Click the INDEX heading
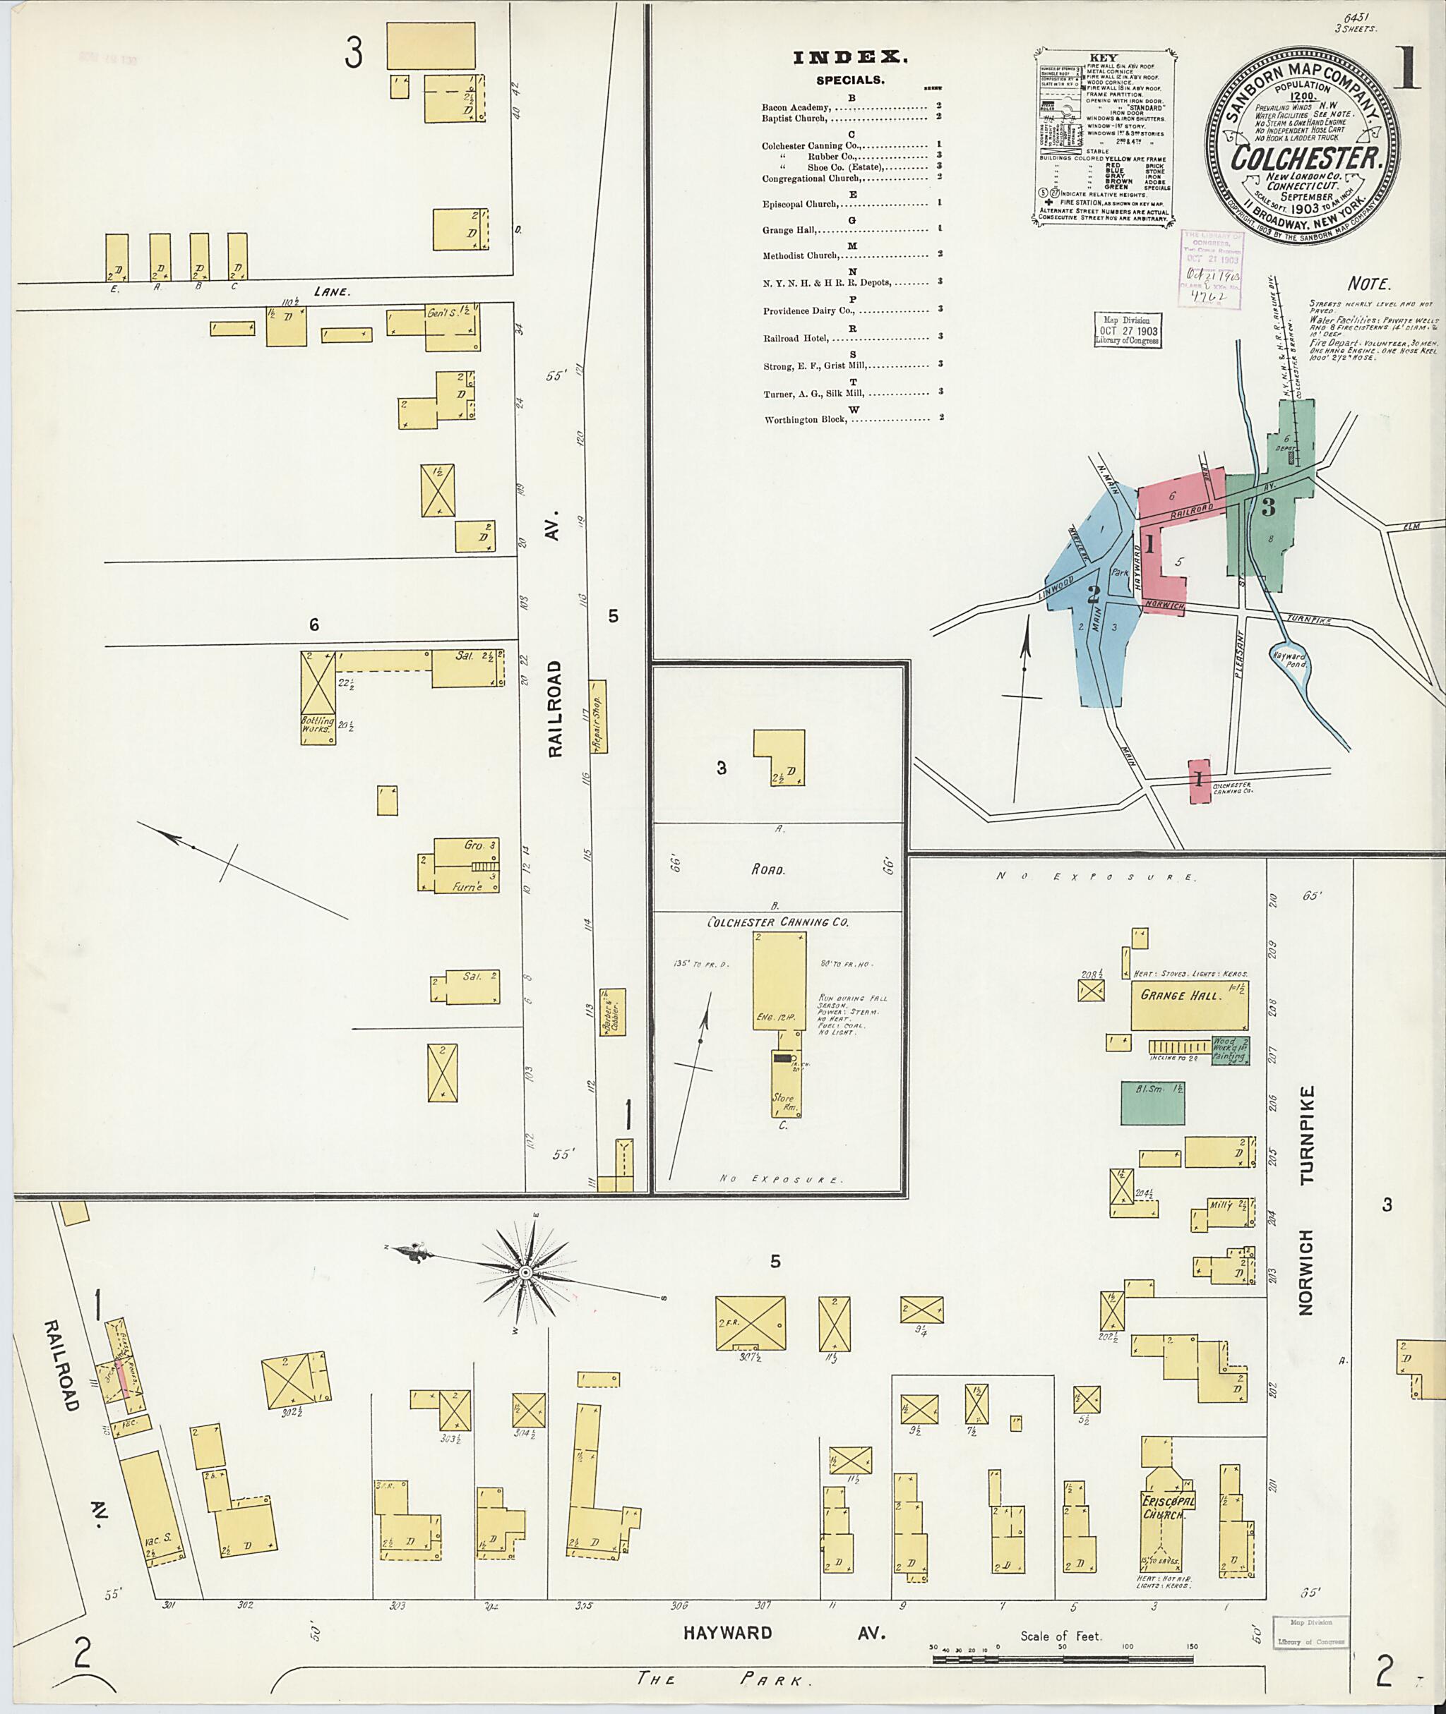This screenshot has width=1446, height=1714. (x=850, y=57)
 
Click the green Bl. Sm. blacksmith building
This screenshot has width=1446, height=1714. (x=1152, y=1102)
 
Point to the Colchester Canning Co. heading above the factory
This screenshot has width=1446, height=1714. (x=778, y=922)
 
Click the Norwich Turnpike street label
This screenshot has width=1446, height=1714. (x=1307, y=1200)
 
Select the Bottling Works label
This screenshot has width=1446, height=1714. (x=317, y=724)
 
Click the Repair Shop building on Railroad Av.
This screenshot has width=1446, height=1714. (x=599, y=716)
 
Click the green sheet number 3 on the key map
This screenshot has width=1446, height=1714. (x=1268, y=507)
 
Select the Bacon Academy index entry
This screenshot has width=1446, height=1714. (x=796, y=107)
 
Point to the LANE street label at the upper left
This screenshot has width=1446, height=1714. (x=332, y=291)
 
